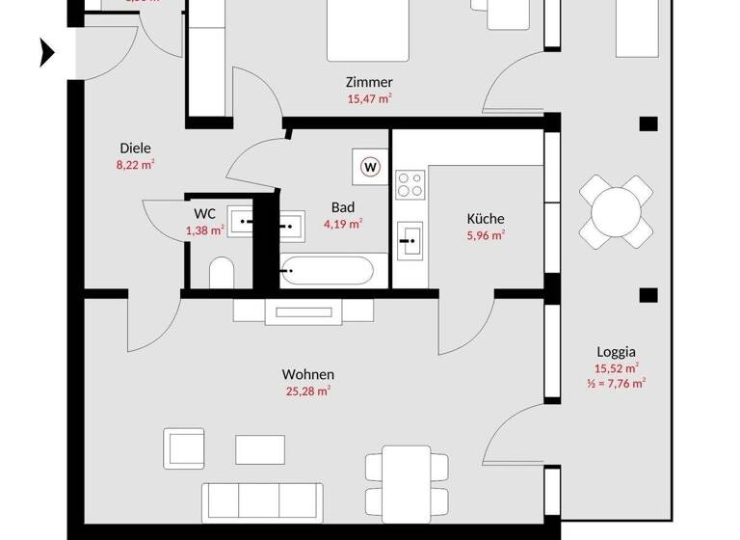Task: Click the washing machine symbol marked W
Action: [371, 166]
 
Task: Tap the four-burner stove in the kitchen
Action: [410, 183]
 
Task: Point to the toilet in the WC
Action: [220, 273]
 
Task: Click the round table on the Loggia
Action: [616, 210]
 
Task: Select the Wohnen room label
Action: [308, 374]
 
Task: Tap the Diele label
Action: [135, 148]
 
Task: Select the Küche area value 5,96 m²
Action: [486, 234]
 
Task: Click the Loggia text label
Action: [616, 352]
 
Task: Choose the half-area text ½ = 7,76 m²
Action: [616, 383]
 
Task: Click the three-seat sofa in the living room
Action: [260, 501]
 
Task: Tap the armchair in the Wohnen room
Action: [185, 447]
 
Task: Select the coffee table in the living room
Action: [260, 448]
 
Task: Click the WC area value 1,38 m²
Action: [205, 229]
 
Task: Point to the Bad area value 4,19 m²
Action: [343, 224]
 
